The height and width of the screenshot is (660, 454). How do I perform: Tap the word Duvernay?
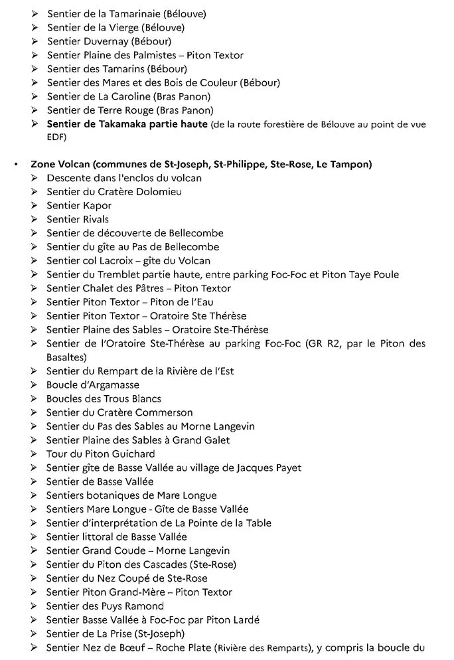coord(105,41)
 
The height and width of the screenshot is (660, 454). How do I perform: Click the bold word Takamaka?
coord(125,124)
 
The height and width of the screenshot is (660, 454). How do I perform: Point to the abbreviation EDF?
coord(56,137)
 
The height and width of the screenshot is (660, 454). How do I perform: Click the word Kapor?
coord(97,205)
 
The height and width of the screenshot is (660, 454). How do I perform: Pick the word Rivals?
coord(96,219)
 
